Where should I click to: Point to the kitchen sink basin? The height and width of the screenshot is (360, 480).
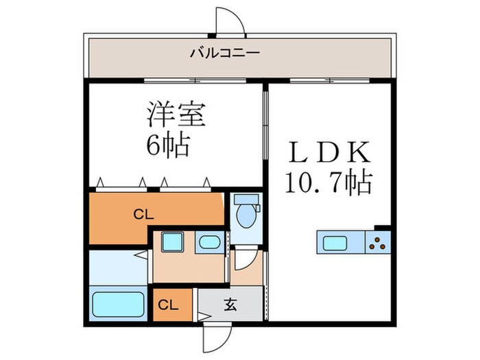click(335, 242)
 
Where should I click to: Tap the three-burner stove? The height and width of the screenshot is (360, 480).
click(377, 242)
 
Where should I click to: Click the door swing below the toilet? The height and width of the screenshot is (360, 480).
click(245, 259)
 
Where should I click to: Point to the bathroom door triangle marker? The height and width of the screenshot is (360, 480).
click(147, 256)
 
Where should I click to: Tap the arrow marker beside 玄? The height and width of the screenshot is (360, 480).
click(203, 316)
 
